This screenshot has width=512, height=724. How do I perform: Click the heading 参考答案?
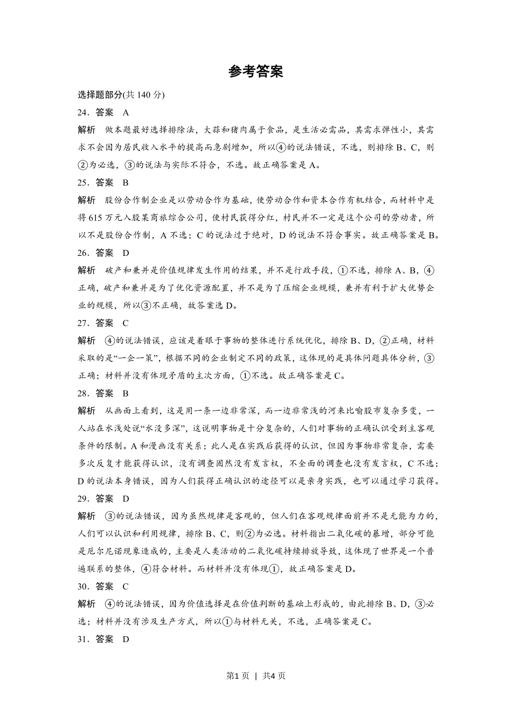coord(255,72)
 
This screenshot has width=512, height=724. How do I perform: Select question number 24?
coord(82,113)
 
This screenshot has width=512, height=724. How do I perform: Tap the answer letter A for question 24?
coord(126,113)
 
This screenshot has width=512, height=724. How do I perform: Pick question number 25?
coord(82,183)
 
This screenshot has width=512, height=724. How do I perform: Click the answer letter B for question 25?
coord(126,183)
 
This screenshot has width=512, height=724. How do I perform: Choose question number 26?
coord(82,253)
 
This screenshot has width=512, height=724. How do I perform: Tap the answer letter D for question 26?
coord(126,253)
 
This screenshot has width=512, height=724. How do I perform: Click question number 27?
coord(82,323)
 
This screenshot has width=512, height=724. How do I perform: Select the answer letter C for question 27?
coord(126,323)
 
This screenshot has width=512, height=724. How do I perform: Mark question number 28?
coord(82,393)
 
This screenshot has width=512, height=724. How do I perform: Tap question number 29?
coord(82,498)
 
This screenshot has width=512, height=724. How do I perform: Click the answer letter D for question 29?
coord(126,498)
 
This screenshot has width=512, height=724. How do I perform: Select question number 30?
coord(82,586)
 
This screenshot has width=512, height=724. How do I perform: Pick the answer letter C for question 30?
coord(126,586)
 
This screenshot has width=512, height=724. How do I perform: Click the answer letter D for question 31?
coord(126,639)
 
